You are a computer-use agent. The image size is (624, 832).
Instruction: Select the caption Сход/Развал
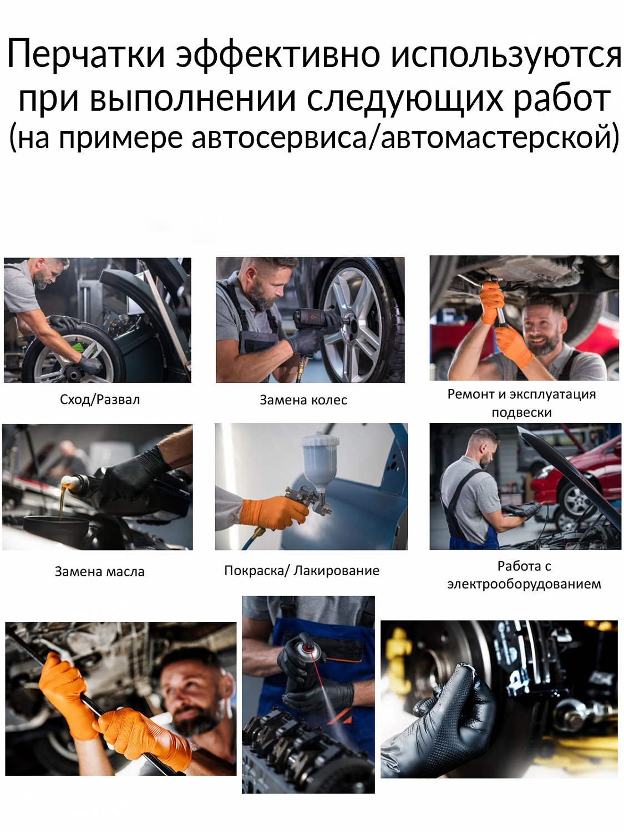click(x=100, y=400)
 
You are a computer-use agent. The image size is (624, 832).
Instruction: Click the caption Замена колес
click(x=303, y=400)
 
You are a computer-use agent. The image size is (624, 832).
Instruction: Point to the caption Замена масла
click(x=100, y=572)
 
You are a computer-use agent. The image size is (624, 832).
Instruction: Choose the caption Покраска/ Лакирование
click(x=302, y=570)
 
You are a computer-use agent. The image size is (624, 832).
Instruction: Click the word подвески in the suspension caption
click(x=521, y=413)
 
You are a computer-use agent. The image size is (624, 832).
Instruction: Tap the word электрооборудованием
click(x=524, y=584)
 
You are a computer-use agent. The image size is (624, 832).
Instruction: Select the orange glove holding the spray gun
click(x=273, y=513)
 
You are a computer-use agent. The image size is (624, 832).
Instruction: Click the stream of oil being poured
click(x=62, y=502)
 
